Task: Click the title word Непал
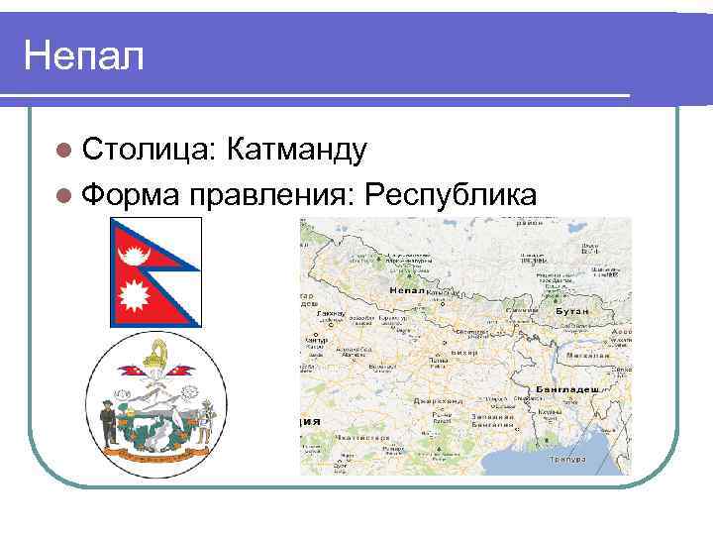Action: click(83, 55)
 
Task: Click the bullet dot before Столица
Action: click(64, 150)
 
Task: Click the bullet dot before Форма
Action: click(64, 193)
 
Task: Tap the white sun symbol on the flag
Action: click(132, 294)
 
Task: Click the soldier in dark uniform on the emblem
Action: click(108, 421)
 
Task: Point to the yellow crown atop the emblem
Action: click(155, 355)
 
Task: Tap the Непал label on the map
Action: click(407, 291)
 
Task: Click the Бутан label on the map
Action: click(573, 310)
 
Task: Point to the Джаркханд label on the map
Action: click(437, 401)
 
